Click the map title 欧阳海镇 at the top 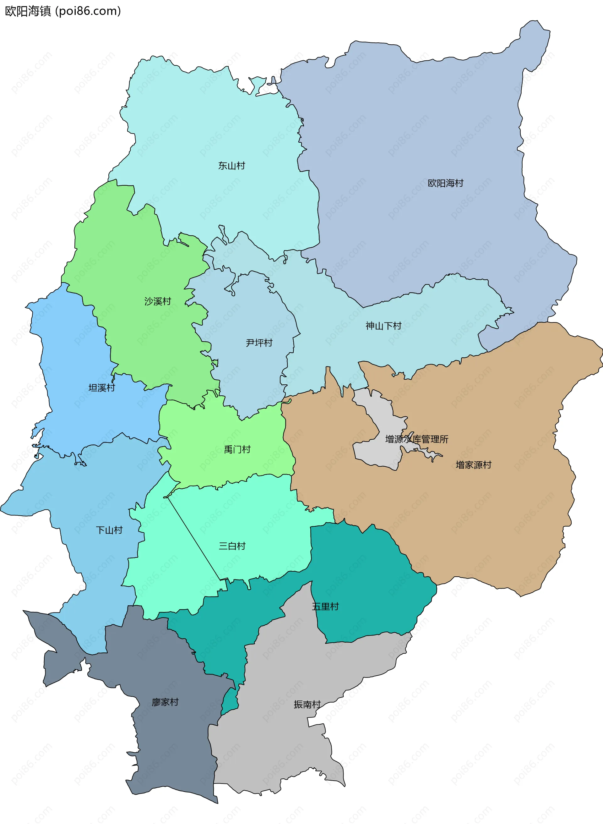28,11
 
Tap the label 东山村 231,166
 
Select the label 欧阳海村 445,183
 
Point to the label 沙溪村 158,301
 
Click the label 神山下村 383,326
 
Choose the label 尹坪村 259,343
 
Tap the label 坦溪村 101,387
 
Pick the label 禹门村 237,449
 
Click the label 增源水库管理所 416,439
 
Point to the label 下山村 109,530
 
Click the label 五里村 325,606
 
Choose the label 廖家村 165,702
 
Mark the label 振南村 307,704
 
